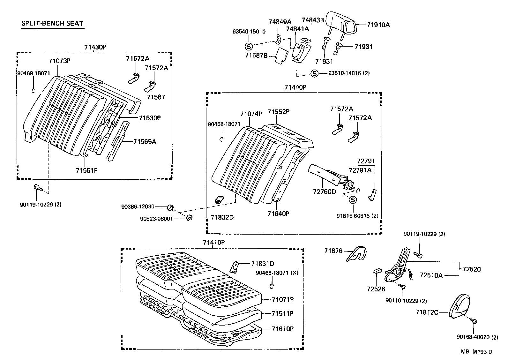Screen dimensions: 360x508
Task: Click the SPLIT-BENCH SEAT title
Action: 52,23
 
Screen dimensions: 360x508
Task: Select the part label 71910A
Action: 378,25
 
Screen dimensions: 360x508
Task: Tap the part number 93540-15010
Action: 249,32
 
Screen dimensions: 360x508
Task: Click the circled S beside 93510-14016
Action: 314,74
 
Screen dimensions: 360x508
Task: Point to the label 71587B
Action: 256,55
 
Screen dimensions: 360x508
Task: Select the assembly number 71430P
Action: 95,47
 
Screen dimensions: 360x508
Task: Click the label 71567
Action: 156,97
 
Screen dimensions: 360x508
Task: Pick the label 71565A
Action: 145,141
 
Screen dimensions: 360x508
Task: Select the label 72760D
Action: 325,191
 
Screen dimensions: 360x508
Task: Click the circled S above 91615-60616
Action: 353,200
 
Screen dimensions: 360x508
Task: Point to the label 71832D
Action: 222,218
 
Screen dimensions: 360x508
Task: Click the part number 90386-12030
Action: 142,207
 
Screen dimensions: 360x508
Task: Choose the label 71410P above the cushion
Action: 214,243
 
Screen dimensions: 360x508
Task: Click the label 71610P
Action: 282,329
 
